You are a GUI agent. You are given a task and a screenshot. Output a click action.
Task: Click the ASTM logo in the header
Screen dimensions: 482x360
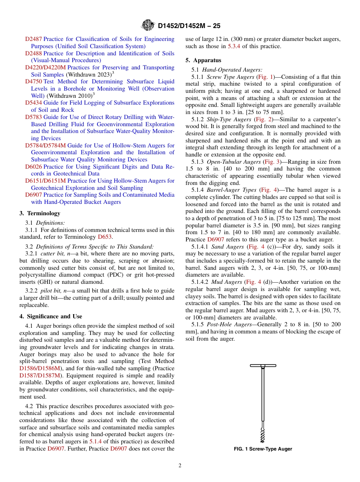click(x=148, y=25)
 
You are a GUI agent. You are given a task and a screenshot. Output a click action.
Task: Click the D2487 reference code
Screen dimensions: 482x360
click(x=34, y=39)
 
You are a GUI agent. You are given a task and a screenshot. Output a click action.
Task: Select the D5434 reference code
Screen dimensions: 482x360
click(x=34, y=103)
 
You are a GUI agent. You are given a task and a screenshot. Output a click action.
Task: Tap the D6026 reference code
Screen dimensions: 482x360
click(x=34, y=167)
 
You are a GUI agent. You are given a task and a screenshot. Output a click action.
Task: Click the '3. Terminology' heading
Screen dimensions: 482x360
click(x=40, y=213)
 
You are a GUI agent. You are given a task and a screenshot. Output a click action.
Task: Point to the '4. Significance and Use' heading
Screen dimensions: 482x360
click(x=50, y=316)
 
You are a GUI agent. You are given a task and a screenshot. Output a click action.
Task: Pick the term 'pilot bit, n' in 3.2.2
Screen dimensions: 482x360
click(x=55, y=291)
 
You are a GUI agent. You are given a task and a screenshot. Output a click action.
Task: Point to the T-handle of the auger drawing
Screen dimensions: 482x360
click(x=263, y=366)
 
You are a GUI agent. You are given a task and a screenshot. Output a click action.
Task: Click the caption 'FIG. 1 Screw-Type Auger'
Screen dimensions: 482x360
click(x=263, y=449)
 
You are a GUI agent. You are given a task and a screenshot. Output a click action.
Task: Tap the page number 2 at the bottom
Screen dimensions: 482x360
click(x=180, y=466)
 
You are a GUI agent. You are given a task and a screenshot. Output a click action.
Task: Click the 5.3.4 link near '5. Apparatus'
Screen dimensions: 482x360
click(x=234, y=46)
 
